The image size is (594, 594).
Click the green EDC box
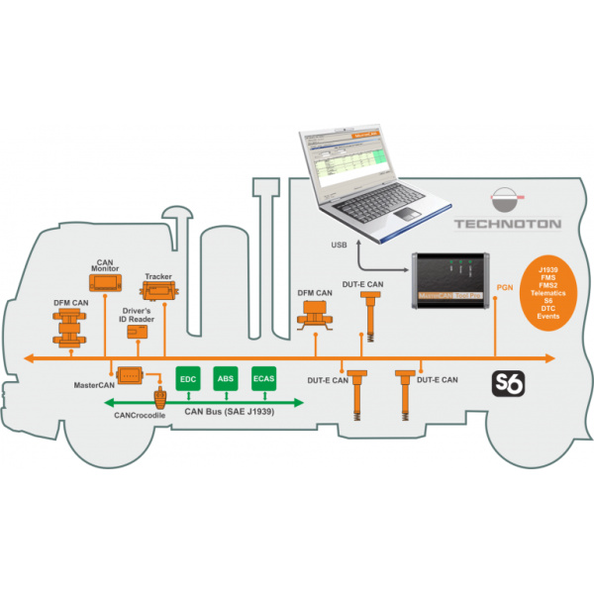tap(188, 379)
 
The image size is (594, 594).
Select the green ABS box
tap(226, 379)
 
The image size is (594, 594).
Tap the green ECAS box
tap(263, 379)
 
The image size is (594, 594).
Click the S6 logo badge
tap(509, 382)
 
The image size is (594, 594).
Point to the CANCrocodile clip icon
tap(159, 401)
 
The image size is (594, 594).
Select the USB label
tap(338, 244)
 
